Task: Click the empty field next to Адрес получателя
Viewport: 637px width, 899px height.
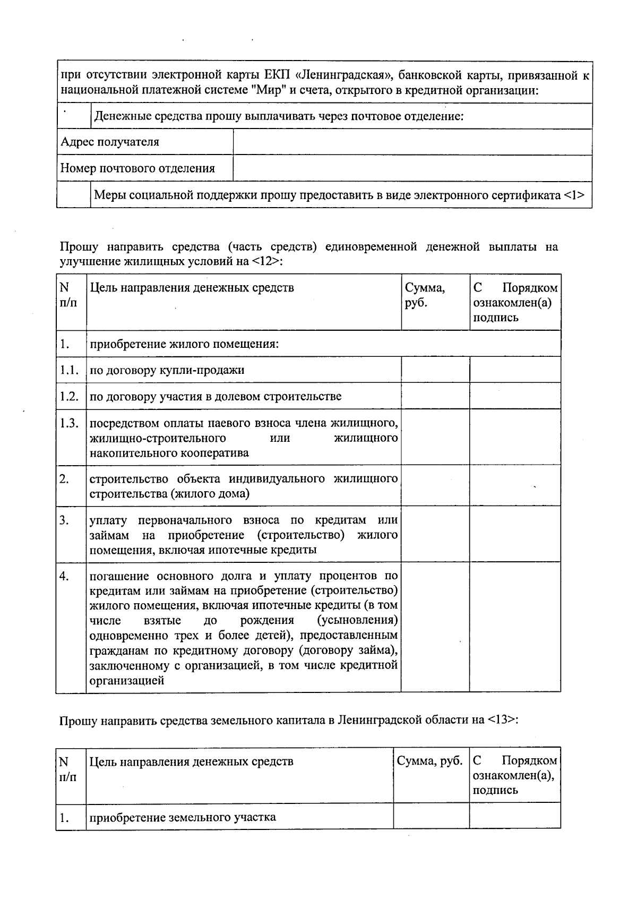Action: (x=412, y=142)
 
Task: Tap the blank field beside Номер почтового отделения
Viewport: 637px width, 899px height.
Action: (x=412, y=168)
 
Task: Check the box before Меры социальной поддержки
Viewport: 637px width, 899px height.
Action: (x=74, y=195)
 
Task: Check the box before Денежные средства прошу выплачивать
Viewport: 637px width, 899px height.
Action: (x=74, y=116)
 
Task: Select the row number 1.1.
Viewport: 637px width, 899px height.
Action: (x=70, y=370)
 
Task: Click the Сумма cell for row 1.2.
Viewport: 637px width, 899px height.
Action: (x=435, y=396)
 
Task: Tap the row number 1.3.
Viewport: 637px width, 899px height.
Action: (x=70, y=423)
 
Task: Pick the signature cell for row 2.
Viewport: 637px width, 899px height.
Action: (x=514, y=486)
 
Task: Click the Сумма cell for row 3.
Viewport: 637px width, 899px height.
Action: (x=435, y=534)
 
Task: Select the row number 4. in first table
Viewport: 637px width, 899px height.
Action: (x=64, y=576)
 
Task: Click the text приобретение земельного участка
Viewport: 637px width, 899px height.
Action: (x=183, y=817)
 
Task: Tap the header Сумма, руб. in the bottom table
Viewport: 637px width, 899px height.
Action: (x=429, y=761)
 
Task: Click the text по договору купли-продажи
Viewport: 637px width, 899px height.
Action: (x=167, y=370)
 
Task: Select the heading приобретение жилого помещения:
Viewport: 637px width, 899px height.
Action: (x=184, y=344)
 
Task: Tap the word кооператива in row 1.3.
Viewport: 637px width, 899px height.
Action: (x=215, y=453)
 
